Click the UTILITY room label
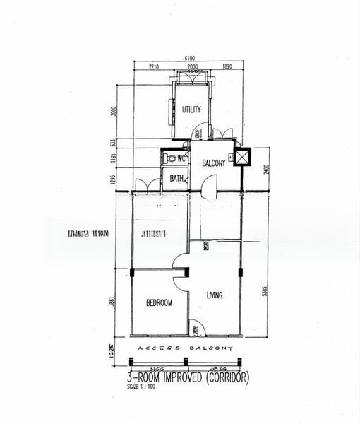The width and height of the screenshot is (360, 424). (191, 110)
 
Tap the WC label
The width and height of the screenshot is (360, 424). (181, 158)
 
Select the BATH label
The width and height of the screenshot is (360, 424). (176, 178)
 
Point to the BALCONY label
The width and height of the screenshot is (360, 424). (213, 163)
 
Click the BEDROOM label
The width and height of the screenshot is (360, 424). (159, 302)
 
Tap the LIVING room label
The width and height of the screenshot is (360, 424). (215, 295)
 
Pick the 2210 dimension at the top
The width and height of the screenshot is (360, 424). (155, 68)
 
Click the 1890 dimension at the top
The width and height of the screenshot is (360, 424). (227, 68)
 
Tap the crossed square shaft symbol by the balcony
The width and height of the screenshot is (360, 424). (242, 157)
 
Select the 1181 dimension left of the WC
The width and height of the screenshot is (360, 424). (121, 159)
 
